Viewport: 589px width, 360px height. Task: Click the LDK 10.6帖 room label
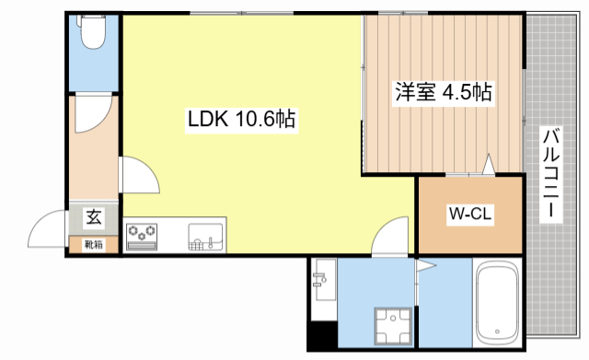241,120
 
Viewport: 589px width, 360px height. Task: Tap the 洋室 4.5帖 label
444,92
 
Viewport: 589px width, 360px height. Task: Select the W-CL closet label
470,215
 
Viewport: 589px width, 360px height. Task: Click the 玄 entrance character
94,218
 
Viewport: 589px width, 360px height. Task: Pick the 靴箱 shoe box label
93,244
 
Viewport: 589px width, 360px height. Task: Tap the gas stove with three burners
143,237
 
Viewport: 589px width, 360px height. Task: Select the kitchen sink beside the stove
205,237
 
